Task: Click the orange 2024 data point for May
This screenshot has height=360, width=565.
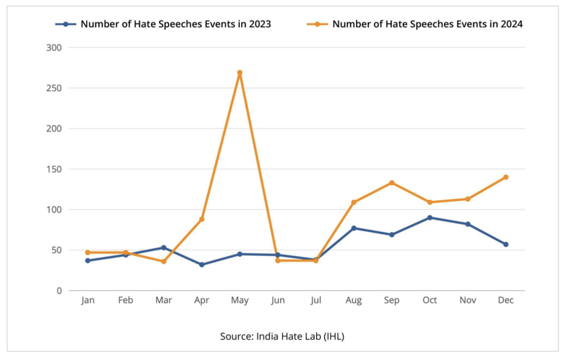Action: point(240,73)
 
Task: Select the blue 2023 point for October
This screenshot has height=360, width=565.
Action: point(430,218)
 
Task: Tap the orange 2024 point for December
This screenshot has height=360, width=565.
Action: point(506,177)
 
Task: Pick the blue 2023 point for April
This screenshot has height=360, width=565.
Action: point(202,264)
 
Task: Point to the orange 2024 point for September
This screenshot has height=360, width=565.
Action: point(392,183)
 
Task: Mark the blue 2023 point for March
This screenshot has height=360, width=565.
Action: point(164,248)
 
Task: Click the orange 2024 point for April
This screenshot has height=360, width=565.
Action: point(202,219)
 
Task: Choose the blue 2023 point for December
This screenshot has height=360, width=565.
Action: point(506,244)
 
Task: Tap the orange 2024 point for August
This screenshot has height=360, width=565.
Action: point(354,202)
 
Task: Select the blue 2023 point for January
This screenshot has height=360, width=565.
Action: point(88,260)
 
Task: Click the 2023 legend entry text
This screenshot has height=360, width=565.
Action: point(176,24)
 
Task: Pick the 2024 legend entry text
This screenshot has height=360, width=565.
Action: point(428,24)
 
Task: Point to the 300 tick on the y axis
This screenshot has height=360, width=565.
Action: point(56,48)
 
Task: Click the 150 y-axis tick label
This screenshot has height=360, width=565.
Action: point(56,169)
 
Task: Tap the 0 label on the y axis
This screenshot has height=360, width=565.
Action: point(59,291)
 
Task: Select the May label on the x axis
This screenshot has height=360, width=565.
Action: point(240,301)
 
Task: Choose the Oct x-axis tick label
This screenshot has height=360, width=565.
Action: point(430,301)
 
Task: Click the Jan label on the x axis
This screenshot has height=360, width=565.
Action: point(88,301)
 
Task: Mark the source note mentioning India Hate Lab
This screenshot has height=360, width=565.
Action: point(282,336)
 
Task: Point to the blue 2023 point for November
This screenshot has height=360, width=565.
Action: point(468,224)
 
